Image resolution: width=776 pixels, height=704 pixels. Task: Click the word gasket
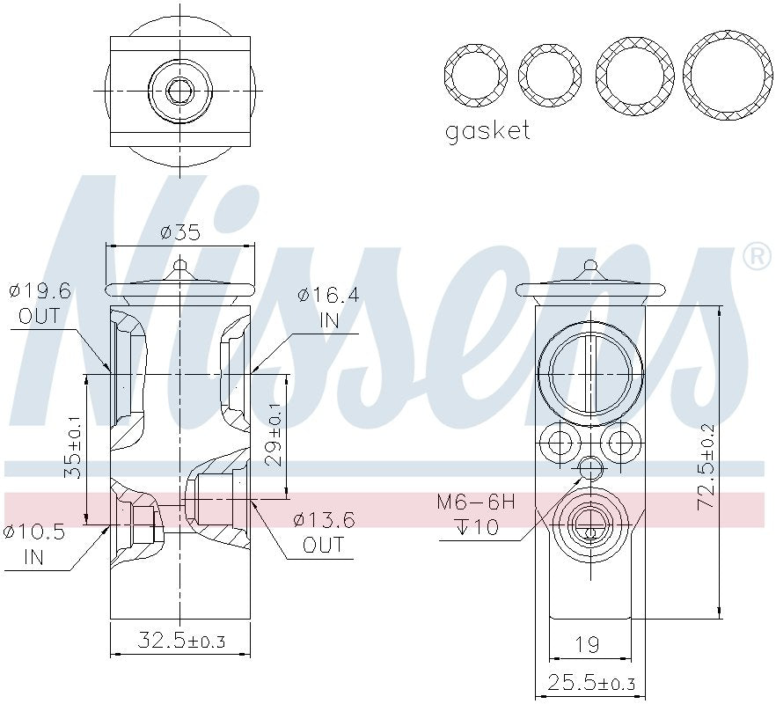tap(487, 132)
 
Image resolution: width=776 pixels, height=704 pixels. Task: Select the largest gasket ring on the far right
tap(728, 76)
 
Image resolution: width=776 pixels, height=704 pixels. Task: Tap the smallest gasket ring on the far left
tap(476, 72)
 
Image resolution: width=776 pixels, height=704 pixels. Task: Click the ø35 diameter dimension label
tap(179, 233)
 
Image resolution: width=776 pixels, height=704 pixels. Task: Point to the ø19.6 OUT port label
tap(40, 304)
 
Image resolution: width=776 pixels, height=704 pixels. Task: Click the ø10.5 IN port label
tap(35, 544)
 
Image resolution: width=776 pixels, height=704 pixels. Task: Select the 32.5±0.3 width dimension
tap(180, 642)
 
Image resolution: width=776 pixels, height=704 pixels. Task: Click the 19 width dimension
tap(589, 645)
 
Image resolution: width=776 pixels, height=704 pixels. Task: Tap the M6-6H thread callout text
tap(475, 502)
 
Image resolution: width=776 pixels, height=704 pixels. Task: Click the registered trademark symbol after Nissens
tap(756, 257)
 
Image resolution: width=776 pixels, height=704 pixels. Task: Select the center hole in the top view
tap(180, 91)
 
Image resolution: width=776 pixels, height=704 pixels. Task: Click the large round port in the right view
tap(590, 373)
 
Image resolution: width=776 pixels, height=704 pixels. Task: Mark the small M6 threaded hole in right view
tap(590, 468)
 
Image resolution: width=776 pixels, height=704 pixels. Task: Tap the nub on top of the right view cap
tap(590, 265)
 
